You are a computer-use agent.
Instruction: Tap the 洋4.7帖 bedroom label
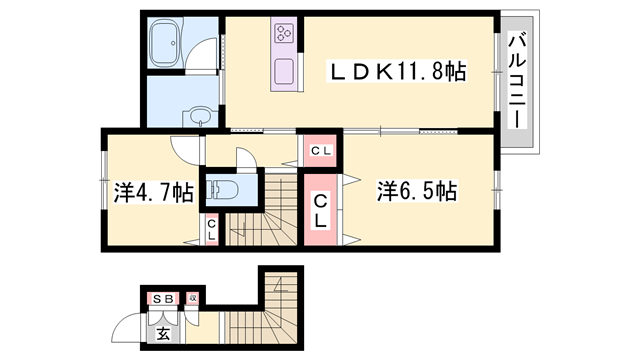(153, 192)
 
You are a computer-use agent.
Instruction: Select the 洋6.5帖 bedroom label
(417, 190)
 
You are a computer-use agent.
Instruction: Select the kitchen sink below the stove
(284, 72)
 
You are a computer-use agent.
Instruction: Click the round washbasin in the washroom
(199, 115)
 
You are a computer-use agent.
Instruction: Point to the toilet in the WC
(219, 189)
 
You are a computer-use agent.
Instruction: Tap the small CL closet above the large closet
(320, 151)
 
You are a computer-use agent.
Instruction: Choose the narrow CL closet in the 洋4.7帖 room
(212, 231)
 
